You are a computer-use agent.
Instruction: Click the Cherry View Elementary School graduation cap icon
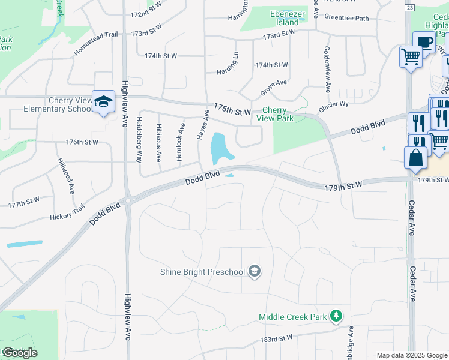(x=103, y=101)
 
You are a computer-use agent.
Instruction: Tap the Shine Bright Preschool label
(x=202, y=272)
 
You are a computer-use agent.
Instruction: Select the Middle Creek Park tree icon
(x=337, y=316)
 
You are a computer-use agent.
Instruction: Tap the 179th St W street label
(x=343, y=186)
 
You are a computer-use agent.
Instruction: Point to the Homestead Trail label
(x=95, y=44)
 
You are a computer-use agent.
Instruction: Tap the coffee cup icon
(x=424, y=43)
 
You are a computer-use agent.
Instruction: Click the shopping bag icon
(x=415, y=158)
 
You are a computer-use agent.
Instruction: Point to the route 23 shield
(x=409, y=7)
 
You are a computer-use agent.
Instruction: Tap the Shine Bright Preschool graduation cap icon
(x=255, y=272)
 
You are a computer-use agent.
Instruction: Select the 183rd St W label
(x=277, y=339)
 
